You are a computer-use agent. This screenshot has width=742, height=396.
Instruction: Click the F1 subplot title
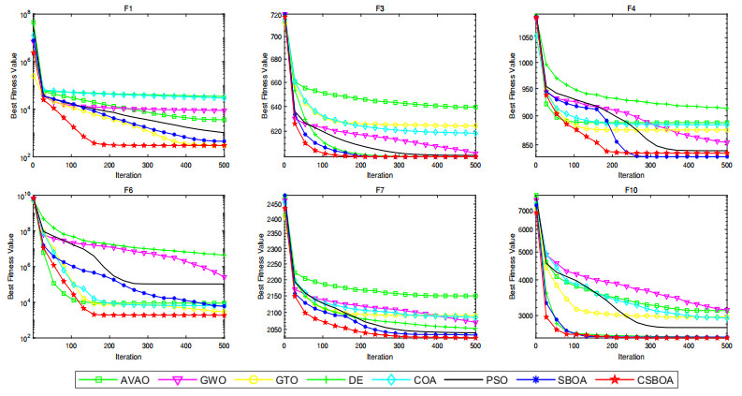[x=128, y=8]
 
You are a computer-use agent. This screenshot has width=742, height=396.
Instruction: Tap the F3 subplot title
[x=380, y=8]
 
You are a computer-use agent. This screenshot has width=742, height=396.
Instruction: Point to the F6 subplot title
[x=128, y=188]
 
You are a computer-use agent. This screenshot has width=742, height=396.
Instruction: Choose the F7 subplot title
[x=380, y=188]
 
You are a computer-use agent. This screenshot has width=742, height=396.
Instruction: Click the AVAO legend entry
[x=116, y=380]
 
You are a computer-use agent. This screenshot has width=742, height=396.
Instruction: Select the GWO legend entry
[x=191, y=380]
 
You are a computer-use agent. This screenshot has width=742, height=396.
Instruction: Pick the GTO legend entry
[x=265, y=380]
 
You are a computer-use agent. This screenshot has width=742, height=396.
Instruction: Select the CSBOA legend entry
[x=630, y=380]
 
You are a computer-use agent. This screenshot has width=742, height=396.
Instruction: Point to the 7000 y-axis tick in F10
[x=521, y=213]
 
